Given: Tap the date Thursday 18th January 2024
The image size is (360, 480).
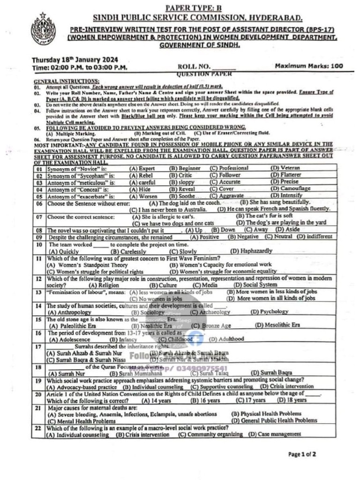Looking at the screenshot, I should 75,60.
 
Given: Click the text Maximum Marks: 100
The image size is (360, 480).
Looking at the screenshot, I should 309,66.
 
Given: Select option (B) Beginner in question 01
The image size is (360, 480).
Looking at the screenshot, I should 185,168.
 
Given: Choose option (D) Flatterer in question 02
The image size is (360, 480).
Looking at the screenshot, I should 286,175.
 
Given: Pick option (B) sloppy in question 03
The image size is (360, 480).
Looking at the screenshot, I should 182,182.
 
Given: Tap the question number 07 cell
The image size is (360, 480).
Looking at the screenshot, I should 39,217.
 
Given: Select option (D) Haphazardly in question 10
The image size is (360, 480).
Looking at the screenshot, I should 251,251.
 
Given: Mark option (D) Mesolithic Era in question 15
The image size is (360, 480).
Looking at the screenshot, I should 277,325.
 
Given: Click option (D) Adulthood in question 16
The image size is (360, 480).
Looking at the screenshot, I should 226,339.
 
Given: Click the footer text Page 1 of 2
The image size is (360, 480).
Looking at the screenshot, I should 302,454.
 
